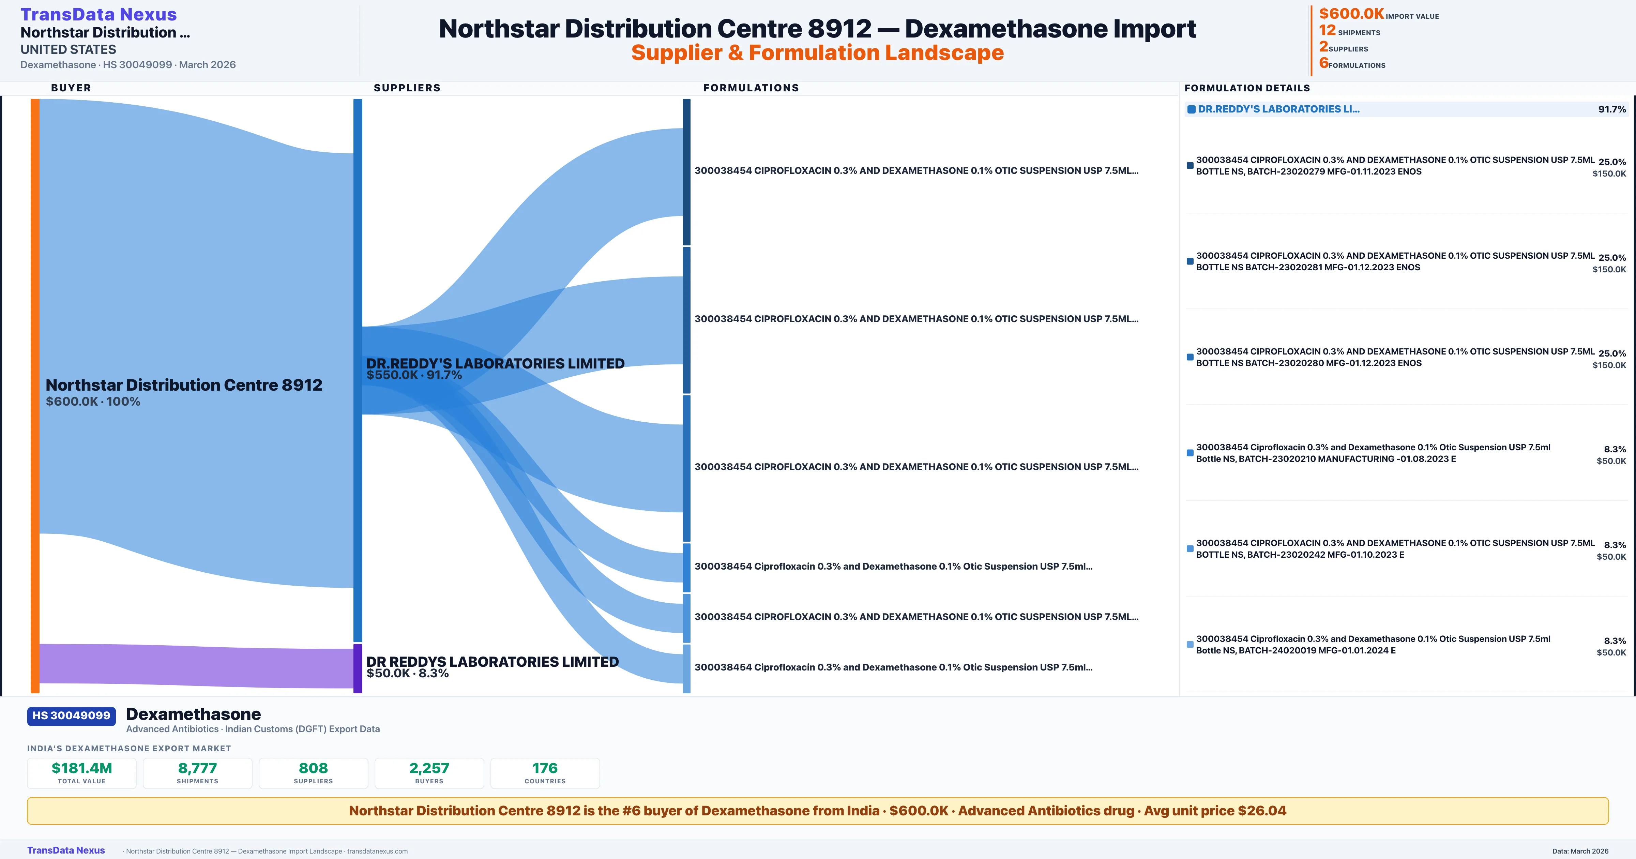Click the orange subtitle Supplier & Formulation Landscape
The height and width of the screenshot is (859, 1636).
point(817,53)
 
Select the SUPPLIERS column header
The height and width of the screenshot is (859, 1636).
point(407,88)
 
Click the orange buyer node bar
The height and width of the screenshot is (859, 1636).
point(35,394)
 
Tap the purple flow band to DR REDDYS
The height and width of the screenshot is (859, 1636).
point(191,665)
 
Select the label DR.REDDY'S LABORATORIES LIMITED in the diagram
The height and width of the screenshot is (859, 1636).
point(495,363)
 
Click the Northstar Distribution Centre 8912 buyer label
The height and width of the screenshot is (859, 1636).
point(184,385)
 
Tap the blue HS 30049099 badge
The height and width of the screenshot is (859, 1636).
point(71,715)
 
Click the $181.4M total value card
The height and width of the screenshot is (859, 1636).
point(82,773)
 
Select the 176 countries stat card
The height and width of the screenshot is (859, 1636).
point(545,773)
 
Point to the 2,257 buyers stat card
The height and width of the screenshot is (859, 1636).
point(429,773)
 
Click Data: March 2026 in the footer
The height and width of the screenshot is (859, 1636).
point(1580,851)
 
